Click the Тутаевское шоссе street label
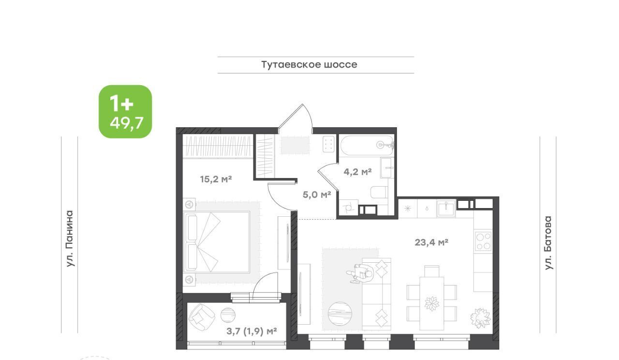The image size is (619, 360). point(309,65)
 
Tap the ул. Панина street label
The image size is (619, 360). point(70,239)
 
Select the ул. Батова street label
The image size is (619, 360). point(548,243)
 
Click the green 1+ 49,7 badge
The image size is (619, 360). point(125,111)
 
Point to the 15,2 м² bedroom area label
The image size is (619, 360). point(216,179)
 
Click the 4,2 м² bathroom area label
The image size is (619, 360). point(357,172)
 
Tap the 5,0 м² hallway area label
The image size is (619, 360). point(317,195)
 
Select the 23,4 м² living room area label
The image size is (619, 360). point(431,242)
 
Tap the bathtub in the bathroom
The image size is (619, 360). point(367,146)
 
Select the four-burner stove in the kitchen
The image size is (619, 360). point(483,241)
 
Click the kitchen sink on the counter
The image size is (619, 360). point(446,209)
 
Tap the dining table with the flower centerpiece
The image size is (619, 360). point(432,303)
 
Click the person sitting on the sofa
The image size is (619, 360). point(360,273)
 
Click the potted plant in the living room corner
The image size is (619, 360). point(480,318)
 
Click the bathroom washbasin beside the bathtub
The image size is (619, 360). point(387,168)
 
